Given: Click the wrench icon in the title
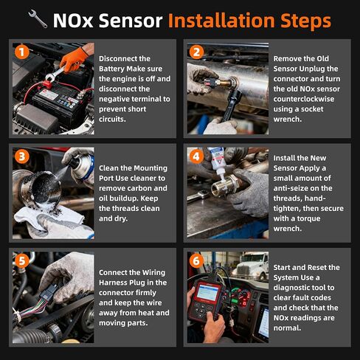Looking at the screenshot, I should click(38, 19).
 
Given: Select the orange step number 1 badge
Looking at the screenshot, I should click(22, 52).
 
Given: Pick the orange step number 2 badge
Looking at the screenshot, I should click(197, 52).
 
